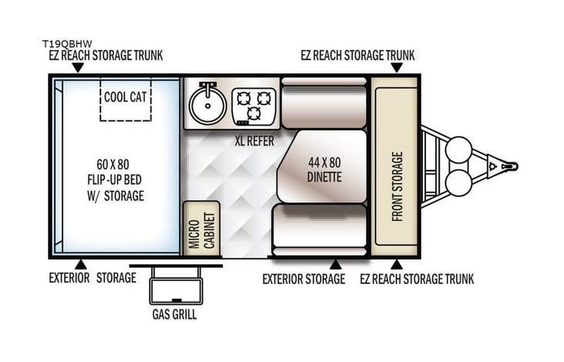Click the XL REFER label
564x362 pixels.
[255, 141]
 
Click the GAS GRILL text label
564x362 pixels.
[174, 316]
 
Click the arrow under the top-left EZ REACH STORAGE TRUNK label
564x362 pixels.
[78, 67]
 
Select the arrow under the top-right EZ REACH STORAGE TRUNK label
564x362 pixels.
[396, 67]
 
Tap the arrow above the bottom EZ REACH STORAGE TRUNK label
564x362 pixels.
[396, 264]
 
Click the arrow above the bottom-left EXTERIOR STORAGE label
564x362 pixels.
[81, 264]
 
